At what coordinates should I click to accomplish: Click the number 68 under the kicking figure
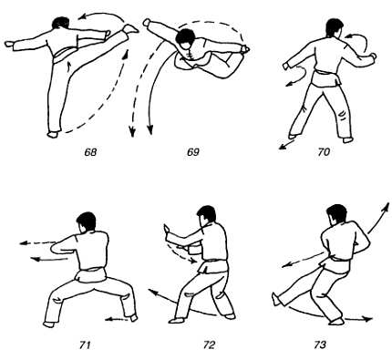(x=90, y=152)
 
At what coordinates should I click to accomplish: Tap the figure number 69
(x=193, y=152)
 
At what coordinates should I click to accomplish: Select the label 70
(x=324, y=152)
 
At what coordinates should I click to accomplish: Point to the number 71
(x=85, y=345)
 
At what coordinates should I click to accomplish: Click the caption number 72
(x=210, y=345)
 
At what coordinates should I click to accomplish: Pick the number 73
(x=320, y=345)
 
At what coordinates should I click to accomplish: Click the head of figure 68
(x=60, y=23)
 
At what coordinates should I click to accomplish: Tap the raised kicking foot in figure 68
(x=130, y=29)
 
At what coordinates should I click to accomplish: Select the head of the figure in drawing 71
(x=86, y=221)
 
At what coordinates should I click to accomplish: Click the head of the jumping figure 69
(x=185, y=38)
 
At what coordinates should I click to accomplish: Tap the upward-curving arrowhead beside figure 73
(x=387, y=207)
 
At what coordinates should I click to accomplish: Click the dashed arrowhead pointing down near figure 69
(x=131, y=131)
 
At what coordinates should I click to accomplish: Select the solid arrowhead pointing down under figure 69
(x=150, y=130)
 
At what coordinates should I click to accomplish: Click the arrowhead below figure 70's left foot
(x=283, y=147)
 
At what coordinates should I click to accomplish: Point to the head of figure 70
(x=335, y=28)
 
